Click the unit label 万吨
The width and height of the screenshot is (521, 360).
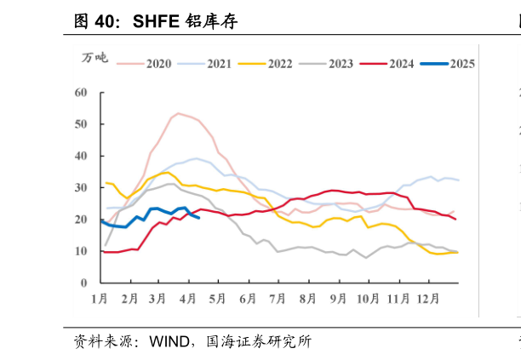pos(94,58)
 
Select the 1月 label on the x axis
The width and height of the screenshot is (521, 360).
pos(100,299)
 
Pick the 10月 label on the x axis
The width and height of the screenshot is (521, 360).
pos(368,299)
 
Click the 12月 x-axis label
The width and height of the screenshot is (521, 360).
pos(428,299)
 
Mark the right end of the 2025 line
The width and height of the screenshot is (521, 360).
pos(198,218)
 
